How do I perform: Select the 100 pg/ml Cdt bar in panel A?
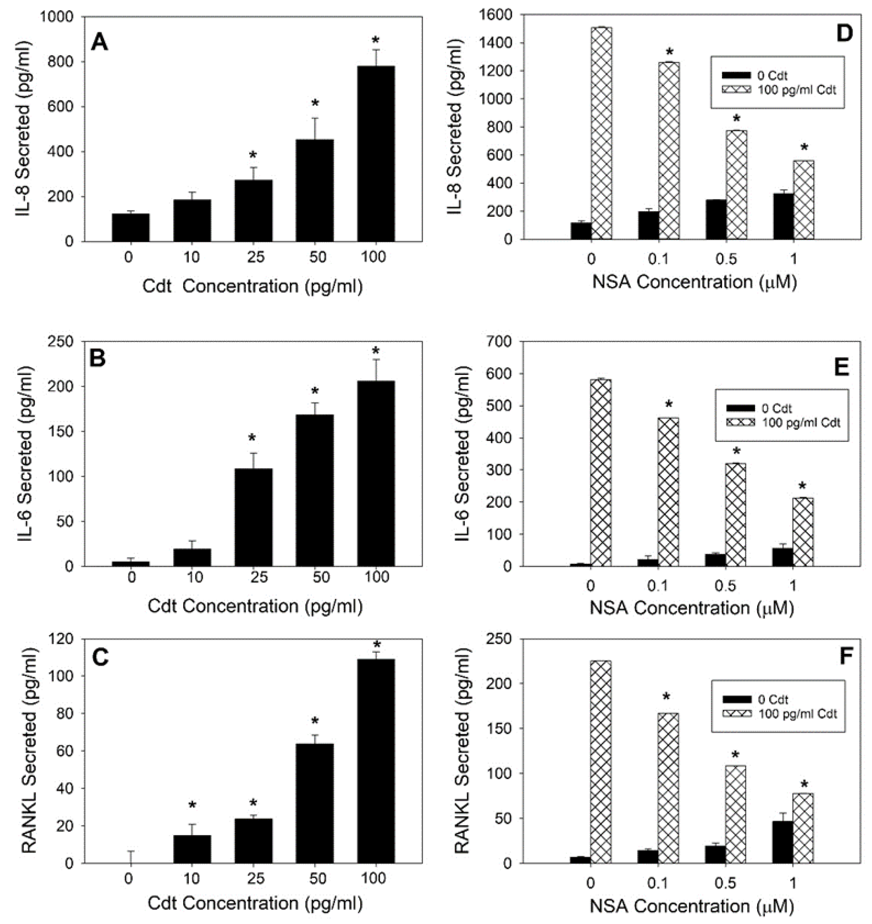click(x=376, y=154)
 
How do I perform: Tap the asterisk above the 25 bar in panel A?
click(x=253, y=155)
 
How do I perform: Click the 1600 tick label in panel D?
click(x=497, y=15)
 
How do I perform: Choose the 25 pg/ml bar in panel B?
click(x=253, y=517)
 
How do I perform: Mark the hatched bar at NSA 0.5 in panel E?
click(x=736, y=514)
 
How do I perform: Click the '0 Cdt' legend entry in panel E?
click(x=776, y=409)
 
